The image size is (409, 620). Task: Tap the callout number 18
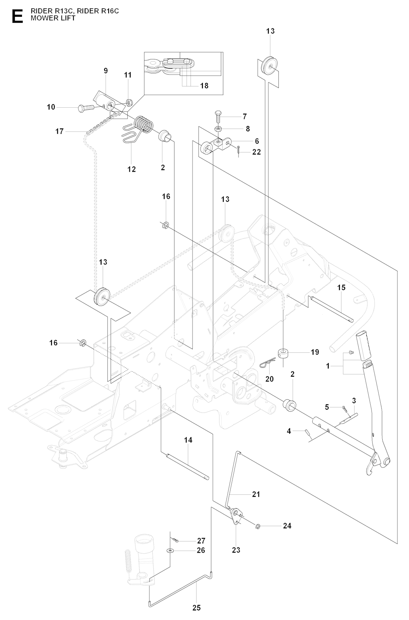tap(204, 86)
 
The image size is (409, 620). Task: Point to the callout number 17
tap(60, 131)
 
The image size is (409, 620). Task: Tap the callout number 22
tap(256, 152)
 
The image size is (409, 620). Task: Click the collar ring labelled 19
tap(283, 353)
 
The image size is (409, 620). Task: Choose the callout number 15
tap(341, 287)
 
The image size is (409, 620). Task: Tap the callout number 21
tap(256, 494)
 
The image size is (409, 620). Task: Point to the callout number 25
tap(196, 608)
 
